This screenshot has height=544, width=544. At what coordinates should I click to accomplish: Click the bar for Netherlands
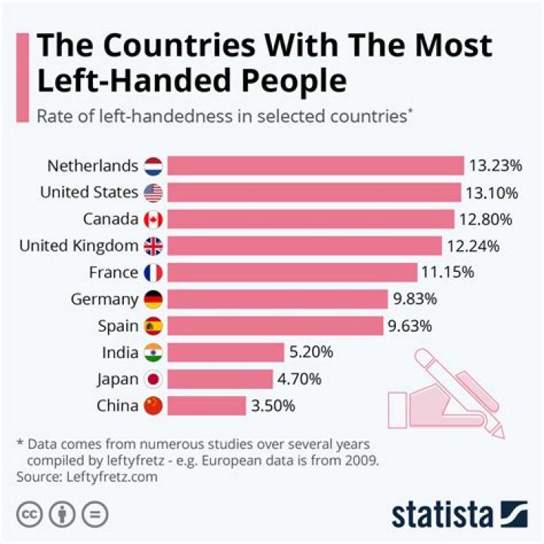click(x=315, y=166)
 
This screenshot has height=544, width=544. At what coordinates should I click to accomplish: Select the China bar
click(x=206, y=406)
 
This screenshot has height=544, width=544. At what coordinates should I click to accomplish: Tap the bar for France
click(x=292, y=273)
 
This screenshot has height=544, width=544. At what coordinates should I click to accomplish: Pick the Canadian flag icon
click(x=153, y=220)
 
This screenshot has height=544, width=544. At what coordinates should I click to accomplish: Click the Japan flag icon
click(x=153, y=379)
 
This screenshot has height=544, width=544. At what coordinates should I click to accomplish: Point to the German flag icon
click(x=153, y=299)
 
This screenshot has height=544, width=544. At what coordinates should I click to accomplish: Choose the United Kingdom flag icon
click(x=153, y=246)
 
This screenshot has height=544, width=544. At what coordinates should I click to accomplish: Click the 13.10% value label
click(x=492, y=193)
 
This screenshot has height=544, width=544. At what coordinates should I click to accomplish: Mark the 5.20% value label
click(x=311, y=352)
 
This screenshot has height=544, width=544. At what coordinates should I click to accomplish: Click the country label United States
click(x=89, y=193)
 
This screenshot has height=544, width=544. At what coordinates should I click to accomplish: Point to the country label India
click(x=120, y=352)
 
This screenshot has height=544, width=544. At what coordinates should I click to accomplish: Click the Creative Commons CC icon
click(x=29, y=515)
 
